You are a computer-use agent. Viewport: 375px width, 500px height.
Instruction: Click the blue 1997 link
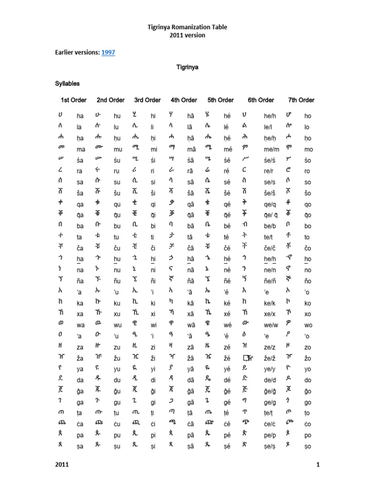[x=108, y=52]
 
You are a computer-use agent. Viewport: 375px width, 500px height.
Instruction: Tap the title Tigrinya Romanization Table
[x=187, y=27]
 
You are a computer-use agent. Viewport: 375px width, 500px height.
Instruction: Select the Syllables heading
[x=67, y=84]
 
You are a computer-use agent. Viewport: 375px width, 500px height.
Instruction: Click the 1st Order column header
[x=73, y=100]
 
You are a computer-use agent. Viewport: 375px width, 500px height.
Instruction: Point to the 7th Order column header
[x=301, y=100]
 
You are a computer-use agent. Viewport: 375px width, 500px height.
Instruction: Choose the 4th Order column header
[x=184, y=100]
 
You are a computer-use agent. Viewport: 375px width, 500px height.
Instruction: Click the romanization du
[x=117, y=380]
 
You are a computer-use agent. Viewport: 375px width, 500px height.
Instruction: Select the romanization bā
[x=191, y=226]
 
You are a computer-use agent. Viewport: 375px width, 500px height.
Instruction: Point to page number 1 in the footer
[x=317, y=464]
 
